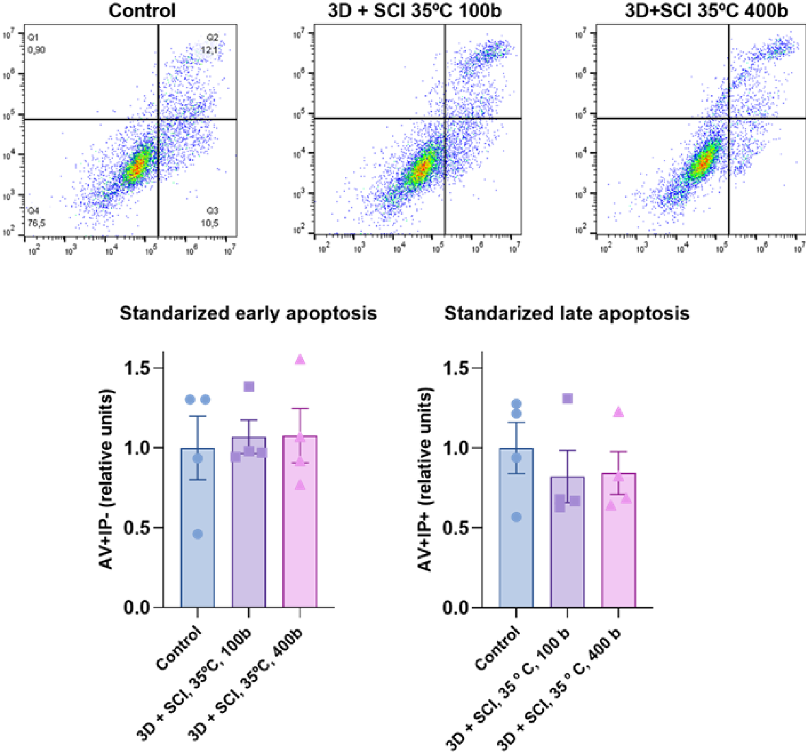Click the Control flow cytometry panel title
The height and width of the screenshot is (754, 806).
(x=142, y=10)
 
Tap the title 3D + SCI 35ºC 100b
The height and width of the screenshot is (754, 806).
(x=414, y=10)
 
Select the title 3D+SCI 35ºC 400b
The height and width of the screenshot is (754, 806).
(x=707, y=10)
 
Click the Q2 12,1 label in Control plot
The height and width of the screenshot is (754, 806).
(x=212, y=44)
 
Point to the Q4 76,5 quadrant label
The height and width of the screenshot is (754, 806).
(x=36, y=217)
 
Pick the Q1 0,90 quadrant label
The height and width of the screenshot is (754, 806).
(x=36, y=44)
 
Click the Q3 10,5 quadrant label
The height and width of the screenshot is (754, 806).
(x=212, y=217)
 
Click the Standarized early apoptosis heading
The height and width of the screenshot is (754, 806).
(x=248, y=313)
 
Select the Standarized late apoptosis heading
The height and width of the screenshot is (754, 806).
(x=567, y=313)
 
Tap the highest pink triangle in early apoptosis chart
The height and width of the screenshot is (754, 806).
(x=300, y=360)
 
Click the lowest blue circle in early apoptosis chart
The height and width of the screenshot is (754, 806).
(x=198, y=534)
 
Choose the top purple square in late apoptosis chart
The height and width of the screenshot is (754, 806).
(x=567, y=398)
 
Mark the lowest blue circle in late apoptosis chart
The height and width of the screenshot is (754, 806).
(x=516, y=517)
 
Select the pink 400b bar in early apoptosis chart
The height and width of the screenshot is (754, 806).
(x=300, y=540)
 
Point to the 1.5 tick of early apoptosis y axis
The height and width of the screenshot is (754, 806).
(x=137, y=368)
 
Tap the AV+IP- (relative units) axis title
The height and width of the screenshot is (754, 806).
(x=107, y=479)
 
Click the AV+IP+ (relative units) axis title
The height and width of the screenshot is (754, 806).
(x=425, y=479)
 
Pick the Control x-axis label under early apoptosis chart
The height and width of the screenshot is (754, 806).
(x=179, y=648)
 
